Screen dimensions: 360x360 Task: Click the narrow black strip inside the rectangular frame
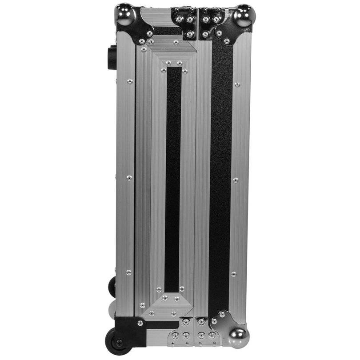[173, 178]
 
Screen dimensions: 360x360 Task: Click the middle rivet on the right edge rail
[236, 180]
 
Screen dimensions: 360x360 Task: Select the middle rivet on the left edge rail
[128, 177]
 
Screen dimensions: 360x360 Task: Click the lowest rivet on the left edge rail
[128, 272]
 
